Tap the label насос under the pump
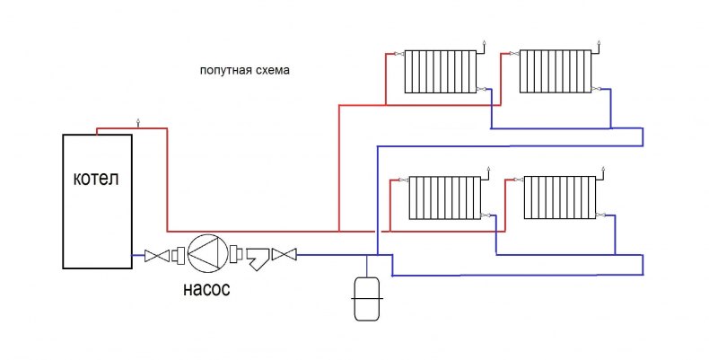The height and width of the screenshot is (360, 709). click(x=206, y=289)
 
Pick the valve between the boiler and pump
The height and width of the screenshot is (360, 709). click(x=157, y=256)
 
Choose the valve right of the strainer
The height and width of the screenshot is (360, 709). click(x=284, y=255)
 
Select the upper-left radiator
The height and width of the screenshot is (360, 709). click(x=440, y=71)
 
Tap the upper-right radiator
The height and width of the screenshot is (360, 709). click(x=556, y=71)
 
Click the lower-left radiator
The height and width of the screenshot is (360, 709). click(x=444, y=198)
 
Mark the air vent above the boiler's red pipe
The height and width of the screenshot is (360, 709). click(x=138, y=122)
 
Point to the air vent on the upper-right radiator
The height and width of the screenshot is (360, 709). click(x=601, y=41)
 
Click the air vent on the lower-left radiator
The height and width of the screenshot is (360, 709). click(x=488, y=168)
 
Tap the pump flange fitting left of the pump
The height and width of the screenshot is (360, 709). click(x=179, y=255)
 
